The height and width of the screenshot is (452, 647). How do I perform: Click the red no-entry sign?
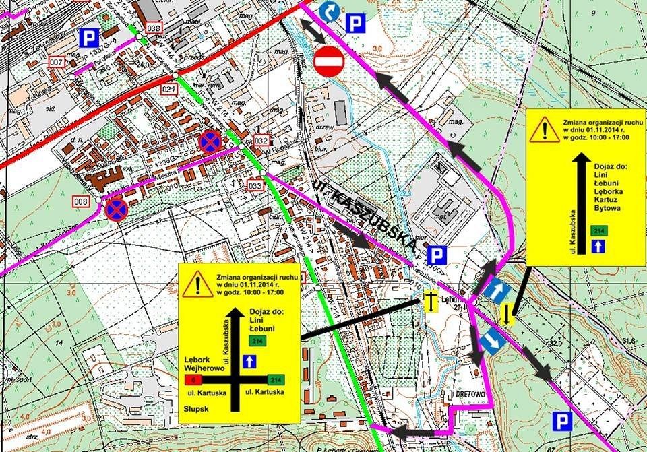coord(329,61)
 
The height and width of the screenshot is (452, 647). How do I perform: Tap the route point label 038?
coord(154,28)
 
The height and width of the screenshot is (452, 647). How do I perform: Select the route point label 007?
coord(57,62)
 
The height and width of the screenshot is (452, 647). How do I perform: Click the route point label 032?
coord(262,140)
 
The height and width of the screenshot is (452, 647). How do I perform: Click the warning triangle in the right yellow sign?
coord(541,129)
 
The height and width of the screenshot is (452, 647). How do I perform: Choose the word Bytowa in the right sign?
coord(608,209)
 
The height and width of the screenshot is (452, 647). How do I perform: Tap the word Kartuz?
coord(607,200)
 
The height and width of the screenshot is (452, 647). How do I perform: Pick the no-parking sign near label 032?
coord(210,141)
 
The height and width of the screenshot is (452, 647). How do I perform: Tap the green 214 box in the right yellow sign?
coord(597,231)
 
